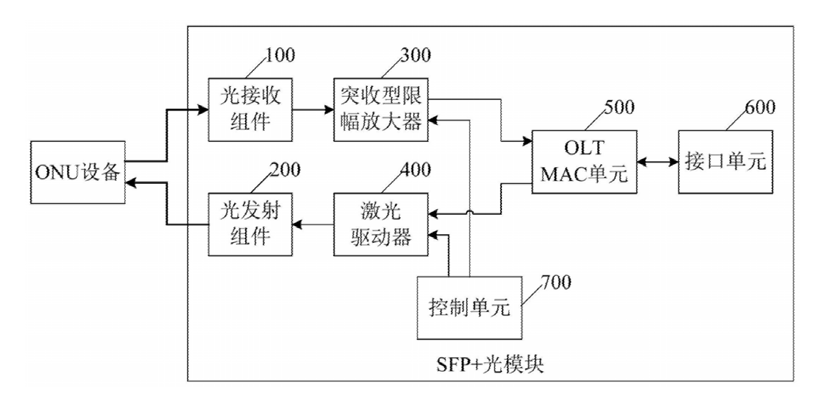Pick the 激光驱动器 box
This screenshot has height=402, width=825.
pyautogui.click(x=380, y=224)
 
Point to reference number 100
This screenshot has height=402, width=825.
pyautogui.click(x=280, y=55)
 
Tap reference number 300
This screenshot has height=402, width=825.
pyautogui.click(x=414, y=55)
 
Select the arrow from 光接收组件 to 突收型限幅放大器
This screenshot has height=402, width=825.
pyautogui.click(x=313, y=111)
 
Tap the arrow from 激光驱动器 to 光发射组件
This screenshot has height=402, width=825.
pyautogui.click(x=313, y=224)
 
